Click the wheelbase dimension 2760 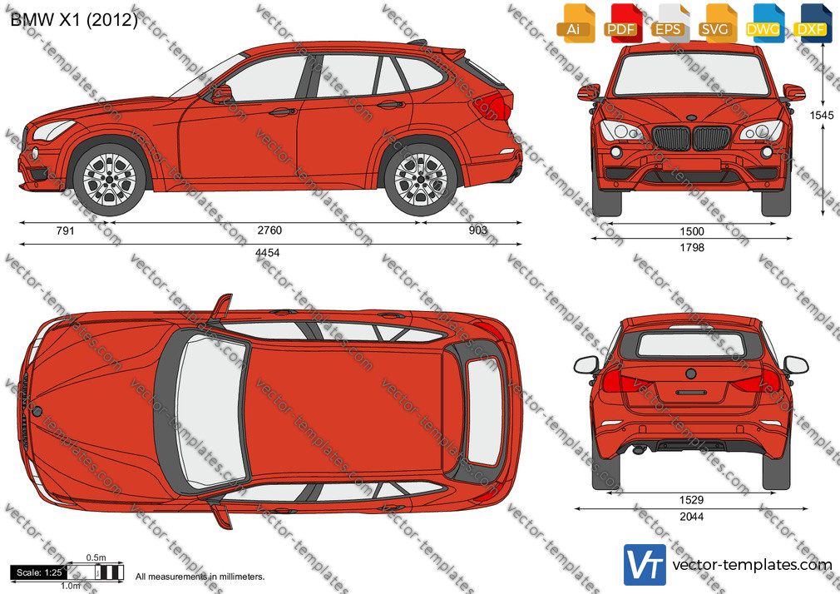(269, 230)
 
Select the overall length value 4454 (267, 253)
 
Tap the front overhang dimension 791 (65, 230)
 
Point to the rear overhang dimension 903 (478, 230)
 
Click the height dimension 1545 (822, 115)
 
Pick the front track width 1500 (692, 231)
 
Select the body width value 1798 (692, 247)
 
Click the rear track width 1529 (691, 500)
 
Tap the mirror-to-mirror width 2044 (691, 517)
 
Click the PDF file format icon (623, 23)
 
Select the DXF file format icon (813, 23)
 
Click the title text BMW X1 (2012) (74, 20)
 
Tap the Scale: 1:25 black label (39, 572)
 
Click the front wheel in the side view (110, 179)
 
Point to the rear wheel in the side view (421, 179)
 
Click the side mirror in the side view (221, 93)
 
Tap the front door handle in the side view (283, 112)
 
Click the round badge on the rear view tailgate (691, 374)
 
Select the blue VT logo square (645, 565)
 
